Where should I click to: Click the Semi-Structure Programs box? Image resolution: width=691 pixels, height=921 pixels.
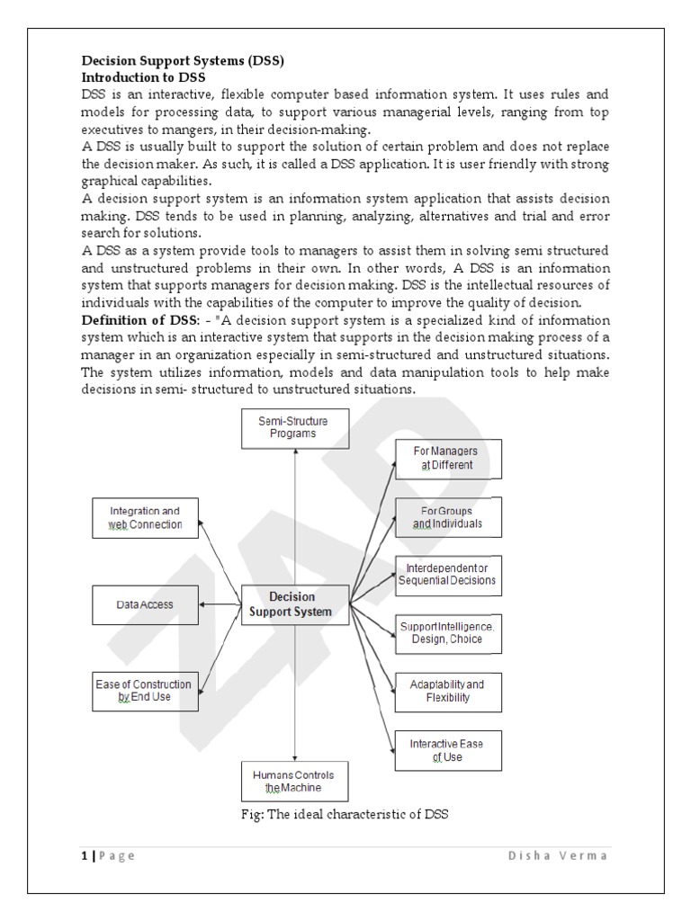pyautogui.click(x=295, y=425)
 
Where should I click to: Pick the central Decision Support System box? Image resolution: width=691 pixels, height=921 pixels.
pyautogui.click(x=294, y=604)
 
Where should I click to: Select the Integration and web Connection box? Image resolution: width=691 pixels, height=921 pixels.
pyautogui.click(x=146, y=517)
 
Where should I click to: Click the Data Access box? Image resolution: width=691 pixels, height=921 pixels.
pyautogui.click(x=145, y=605)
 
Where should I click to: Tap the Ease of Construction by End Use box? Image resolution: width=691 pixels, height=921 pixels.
pyautogui.click(x=145, y=690)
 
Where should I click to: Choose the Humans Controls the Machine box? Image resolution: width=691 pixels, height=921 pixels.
pyautogui.click(x=295, y=782)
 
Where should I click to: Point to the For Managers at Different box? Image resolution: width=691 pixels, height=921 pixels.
pyautogui.click(x=447, y=458)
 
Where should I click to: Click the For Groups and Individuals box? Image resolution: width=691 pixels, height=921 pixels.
pyautogui.click(x=447, y=517)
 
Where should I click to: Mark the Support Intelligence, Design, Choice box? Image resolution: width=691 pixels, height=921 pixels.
pyautogui.click(x=447, y=632)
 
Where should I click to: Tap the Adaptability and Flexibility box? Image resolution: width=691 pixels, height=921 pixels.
pyautogui.click(x=447, y=690)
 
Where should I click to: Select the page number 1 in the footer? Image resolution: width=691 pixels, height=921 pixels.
pyautogui.click(x=83, y=855)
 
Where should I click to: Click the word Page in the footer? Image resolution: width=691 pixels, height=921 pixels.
pyautogui.click(x=117, y=855)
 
